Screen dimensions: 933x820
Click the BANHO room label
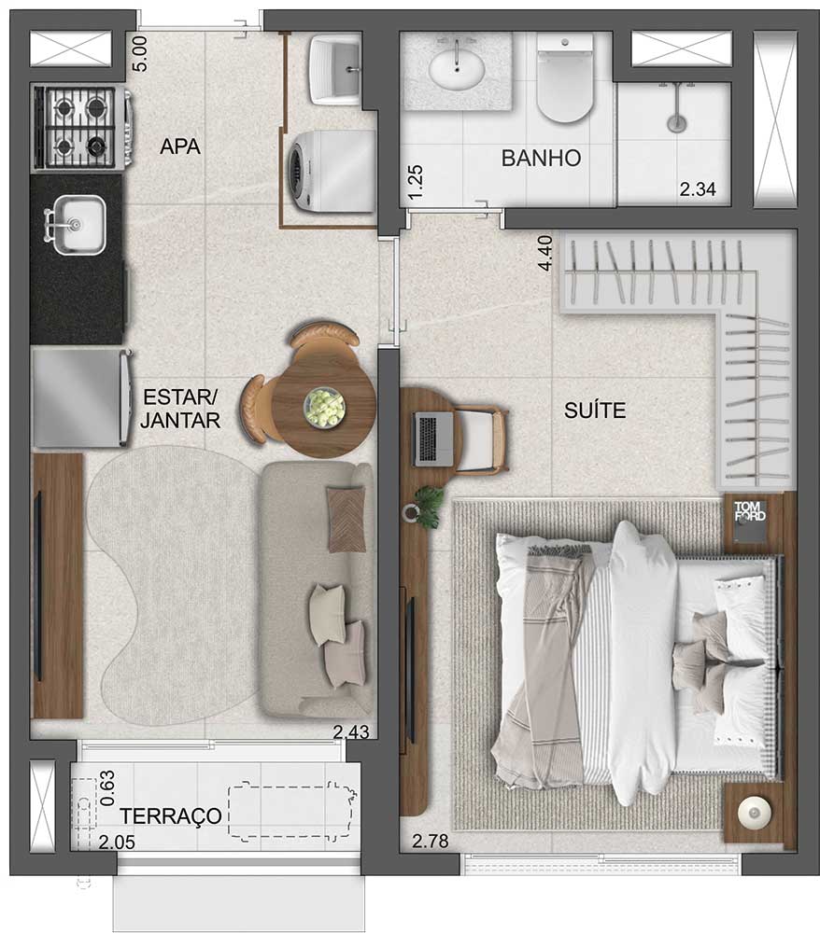541,158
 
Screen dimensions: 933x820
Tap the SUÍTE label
595,411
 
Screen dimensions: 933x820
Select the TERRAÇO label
170,816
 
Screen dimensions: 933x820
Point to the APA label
180,146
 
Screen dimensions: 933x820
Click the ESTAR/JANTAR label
181,408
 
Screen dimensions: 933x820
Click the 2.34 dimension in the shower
697,190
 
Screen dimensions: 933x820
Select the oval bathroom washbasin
456,68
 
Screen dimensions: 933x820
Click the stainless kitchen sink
77,225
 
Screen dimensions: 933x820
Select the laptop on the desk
433,439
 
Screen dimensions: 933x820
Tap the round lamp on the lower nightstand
752,813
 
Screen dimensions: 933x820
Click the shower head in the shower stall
676,122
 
